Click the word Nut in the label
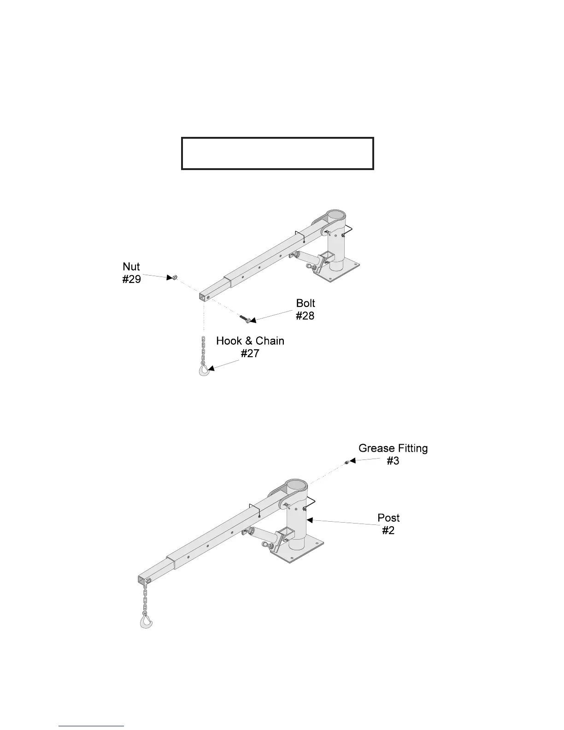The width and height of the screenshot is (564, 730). pos(131,267)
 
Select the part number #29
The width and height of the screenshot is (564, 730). pos(131,279)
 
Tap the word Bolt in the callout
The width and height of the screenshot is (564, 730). pos(305,303)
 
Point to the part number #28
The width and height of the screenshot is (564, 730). pos(305,316)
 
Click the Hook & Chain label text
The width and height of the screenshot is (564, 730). pos(250,341)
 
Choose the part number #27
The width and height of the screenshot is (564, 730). pos(250,353)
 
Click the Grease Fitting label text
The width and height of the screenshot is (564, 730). pos(393,448)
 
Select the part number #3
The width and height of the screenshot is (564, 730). pos(393,461)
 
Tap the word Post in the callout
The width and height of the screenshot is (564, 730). pos(388,518)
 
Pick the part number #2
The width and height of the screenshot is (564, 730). pos(388,530)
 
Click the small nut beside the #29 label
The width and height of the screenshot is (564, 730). pos(175,277)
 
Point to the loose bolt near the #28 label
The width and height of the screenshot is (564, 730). pos(245,318)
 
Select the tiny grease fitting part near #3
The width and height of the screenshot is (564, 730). pos(346,462)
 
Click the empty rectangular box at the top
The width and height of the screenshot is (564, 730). pos(277,153)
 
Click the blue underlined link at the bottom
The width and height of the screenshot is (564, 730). pos(91,726)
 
